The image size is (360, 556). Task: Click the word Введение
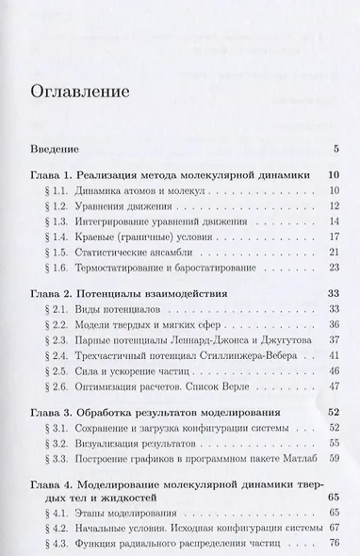[53, 150]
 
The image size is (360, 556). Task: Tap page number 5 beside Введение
[335, 150]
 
